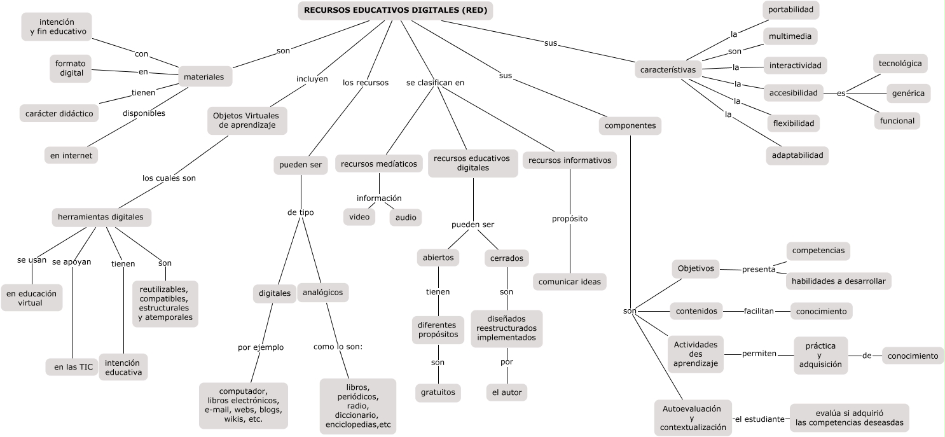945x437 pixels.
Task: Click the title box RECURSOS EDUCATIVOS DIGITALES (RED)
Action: [x=396, y=10]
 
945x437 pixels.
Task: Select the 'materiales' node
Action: [x=203, y=77]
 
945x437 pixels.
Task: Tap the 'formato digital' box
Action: [x=72, y=68]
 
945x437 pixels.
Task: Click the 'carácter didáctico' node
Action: [x=59, y=113]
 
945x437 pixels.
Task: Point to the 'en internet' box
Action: [x=71, y=155]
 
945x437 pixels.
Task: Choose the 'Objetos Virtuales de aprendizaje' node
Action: [x=247, y=120]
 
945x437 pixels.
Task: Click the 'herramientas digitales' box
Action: [x=100, y=217]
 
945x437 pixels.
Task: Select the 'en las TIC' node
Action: [x=72, y=367]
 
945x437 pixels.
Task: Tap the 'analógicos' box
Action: [x=322, y=292]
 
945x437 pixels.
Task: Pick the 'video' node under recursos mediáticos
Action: [x=359, y=217]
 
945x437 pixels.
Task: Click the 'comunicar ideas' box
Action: [x=569, y=281]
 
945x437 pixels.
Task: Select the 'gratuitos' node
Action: [x=438, y=392]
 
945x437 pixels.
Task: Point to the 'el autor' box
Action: [x=506, y=392]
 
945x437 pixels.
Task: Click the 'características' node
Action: [x=668, y=69]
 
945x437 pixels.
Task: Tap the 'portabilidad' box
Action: [x=790, y=10]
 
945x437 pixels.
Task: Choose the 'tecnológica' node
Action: [x=900, y=64]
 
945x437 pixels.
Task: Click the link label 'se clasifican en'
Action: [x=435, y=82]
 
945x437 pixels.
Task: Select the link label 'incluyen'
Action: [x=312, y=79]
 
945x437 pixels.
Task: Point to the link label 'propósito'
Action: [x=569, y=218]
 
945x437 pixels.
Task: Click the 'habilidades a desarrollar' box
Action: [x=838, y=281]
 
